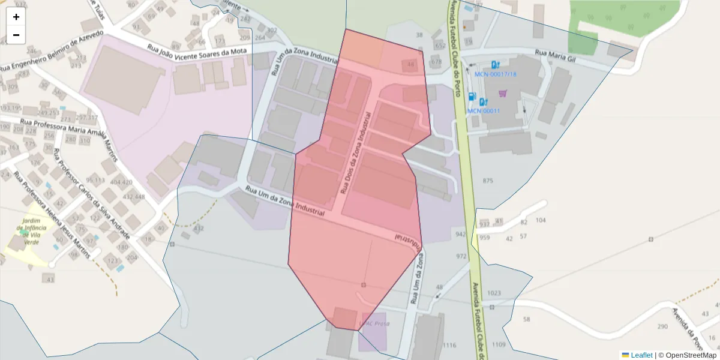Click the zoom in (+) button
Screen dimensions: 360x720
click(x=16, y=17)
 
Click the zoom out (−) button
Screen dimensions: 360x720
click(x=16, y=35)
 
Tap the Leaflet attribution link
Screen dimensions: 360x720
click(x=641, y=355)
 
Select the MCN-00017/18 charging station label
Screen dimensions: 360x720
click(x=495, y=74)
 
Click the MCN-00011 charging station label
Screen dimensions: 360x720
click(x=484, y=110)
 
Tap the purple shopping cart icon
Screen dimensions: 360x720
click(x=503, y=93)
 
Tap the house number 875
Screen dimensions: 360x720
click(x=487, y=181)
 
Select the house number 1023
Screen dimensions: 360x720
click(x=494, y=293)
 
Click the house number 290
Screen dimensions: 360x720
click(x=662, y=326)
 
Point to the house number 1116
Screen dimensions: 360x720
click(x=449, y=345)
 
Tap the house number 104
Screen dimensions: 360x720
click(x=541, y=220)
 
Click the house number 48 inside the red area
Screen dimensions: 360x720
click(x=410, y=64)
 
